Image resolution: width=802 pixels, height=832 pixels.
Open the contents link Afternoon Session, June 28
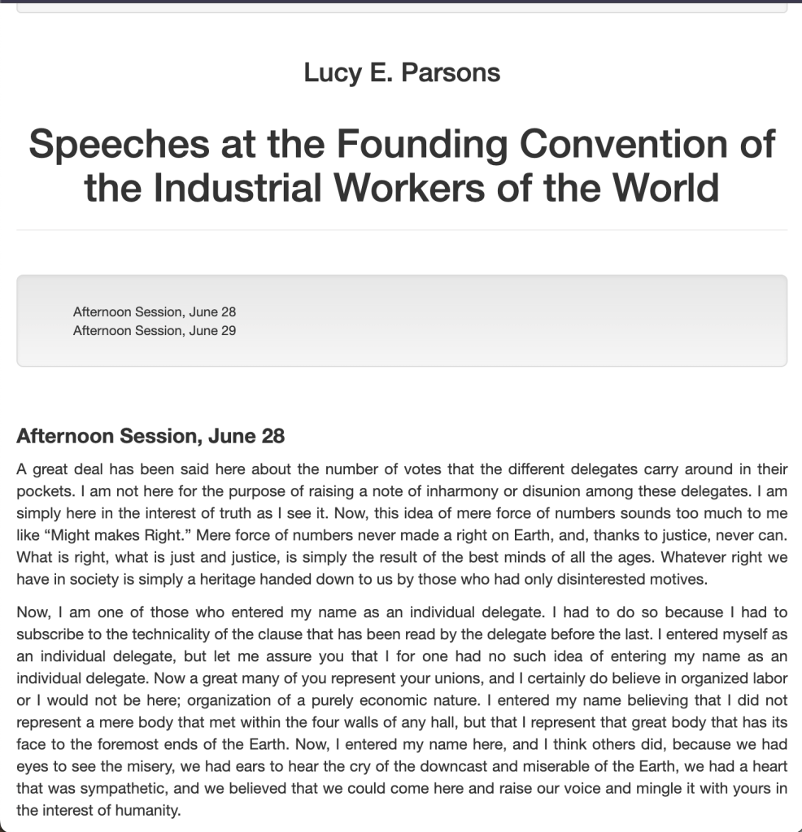coord(155,311)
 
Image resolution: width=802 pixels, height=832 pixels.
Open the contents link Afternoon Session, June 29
coord(155,330)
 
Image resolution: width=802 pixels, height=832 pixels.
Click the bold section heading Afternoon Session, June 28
coord(150,436)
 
